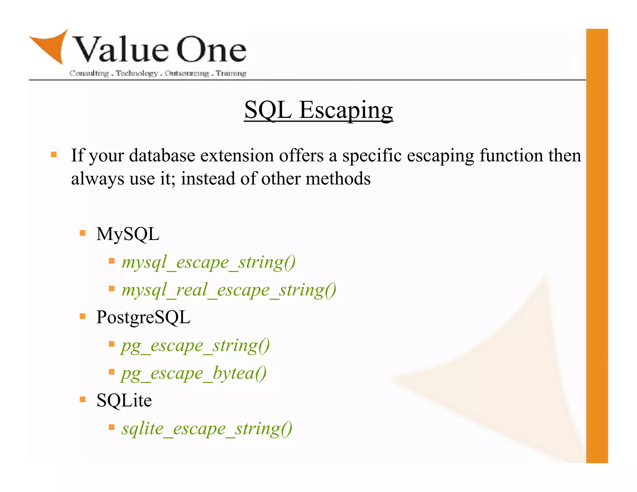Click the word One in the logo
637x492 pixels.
212,50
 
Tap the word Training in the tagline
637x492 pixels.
231,73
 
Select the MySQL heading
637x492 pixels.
128,234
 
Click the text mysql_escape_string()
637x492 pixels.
208,262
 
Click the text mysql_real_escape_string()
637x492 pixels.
229,290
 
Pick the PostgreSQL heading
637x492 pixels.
143,317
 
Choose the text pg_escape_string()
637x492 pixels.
195,346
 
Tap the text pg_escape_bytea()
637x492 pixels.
194,373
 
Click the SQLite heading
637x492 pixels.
124,400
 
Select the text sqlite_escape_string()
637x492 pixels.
207,429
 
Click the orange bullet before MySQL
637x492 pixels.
82,233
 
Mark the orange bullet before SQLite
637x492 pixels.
82,400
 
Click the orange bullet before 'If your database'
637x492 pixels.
54,155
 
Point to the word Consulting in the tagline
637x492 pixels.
89,73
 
